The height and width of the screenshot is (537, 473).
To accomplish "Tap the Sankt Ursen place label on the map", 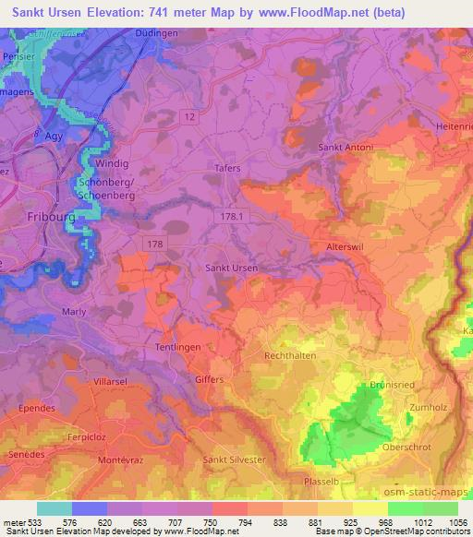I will [230, 268].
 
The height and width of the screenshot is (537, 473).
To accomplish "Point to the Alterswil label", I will [347, 248].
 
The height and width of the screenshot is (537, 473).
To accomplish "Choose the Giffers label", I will [212, 378].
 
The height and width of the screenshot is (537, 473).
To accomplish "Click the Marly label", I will [74, 311].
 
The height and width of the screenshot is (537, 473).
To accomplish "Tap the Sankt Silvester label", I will [234, 459].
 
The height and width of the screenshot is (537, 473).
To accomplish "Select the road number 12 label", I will [189, 115].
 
